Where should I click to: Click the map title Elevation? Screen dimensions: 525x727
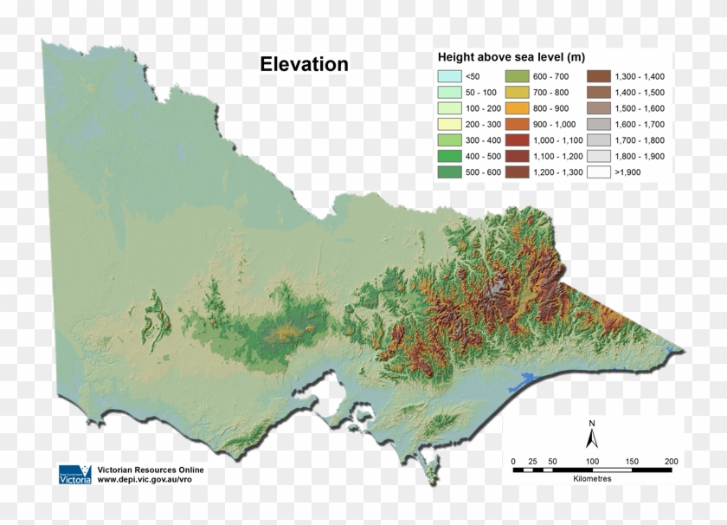click(305, 64)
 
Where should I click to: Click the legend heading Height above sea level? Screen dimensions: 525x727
click(511, 58)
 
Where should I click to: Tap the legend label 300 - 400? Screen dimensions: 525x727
click(483, 140)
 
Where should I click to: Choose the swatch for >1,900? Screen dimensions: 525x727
click(599, 172)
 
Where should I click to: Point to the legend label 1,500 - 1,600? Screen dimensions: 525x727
click(639, 108)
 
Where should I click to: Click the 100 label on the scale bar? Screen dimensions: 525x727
click(592, 461)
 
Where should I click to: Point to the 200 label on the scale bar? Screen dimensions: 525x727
click(671, 461)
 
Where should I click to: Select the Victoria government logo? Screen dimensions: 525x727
click(74, 474)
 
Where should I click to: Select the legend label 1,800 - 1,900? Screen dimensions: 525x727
click(639, 156)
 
